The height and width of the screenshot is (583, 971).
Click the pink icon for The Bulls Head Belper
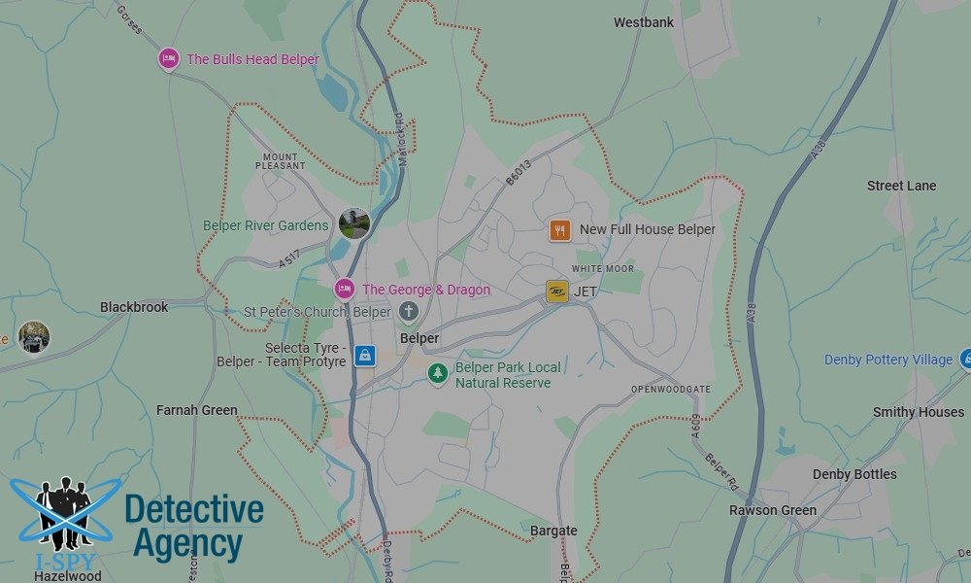169,59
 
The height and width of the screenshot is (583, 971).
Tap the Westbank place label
644,22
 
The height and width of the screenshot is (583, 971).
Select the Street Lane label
901,186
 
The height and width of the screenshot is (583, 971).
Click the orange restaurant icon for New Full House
559,230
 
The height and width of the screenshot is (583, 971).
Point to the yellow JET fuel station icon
557,291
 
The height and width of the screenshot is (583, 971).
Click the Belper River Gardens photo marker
354,223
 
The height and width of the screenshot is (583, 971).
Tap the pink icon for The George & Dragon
344,289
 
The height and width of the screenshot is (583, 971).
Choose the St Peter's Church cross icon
409,312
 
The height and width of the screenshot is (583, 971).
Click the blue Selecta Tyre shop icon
364,356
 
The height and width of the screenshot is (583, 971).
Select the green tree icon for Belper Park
439,373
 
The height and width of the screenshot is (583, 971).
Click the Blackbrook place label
134,307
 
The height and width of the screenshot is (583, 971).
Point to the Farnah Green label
196,411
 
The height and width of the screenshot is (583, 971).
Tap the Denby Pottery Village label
888,360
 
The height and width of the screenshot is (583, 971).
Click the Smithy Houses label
918,412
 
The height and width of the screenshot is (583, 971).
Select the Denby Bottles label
854,474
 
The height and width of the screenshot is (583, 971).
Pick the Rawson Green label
773,510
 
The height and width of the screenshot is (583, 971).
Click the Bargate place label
553,531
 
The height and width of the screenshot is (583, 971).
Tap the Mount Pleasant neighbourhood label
281,160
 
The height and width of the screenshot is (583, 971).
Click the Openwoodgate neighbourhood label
670,390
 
